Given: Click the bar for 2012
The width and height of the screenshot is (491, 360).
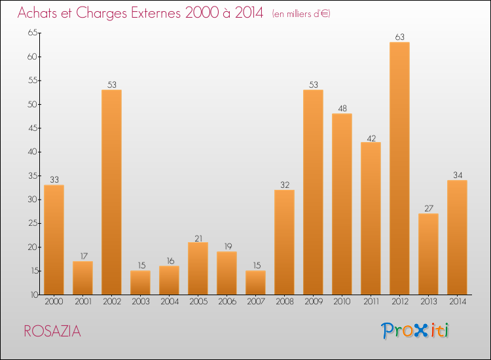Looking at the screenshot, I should [x=399, y=168].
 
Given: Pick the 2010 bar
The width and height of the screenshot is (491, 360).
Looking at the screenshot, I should [x=342, y=204].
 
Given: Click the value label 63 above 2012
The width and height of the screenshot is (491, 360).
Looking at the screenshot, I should [x=399, y=37].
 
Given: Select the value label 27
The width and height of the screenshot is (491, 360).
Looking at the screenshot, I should [x=428, y=209].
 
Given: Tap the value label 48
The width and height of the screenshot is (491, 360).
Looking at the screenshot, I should [x=342, y=109].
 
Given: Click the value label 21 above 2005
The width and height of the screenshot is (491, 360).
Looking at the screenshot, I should [x=198, y=238].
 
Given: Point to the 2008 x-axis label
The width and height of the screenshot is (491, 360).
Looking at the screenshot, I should [x=284, y=302].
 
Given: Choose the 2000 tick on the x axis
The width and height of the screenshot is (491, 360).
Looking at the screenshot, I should [x=54, y=302].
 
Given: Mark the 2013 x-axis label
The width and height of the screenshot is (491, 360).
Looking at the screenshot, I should [x=428, y=302].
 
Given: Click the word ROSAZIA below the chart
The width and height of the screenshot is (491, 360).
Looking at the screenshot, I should [x=52, y=331].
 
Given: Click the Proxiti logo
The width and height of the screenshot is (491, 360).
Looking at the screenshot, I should [x=416, y=331].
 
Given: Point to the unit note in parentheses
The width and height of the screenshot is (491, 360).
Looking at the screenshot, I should [x=301, y=14].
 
